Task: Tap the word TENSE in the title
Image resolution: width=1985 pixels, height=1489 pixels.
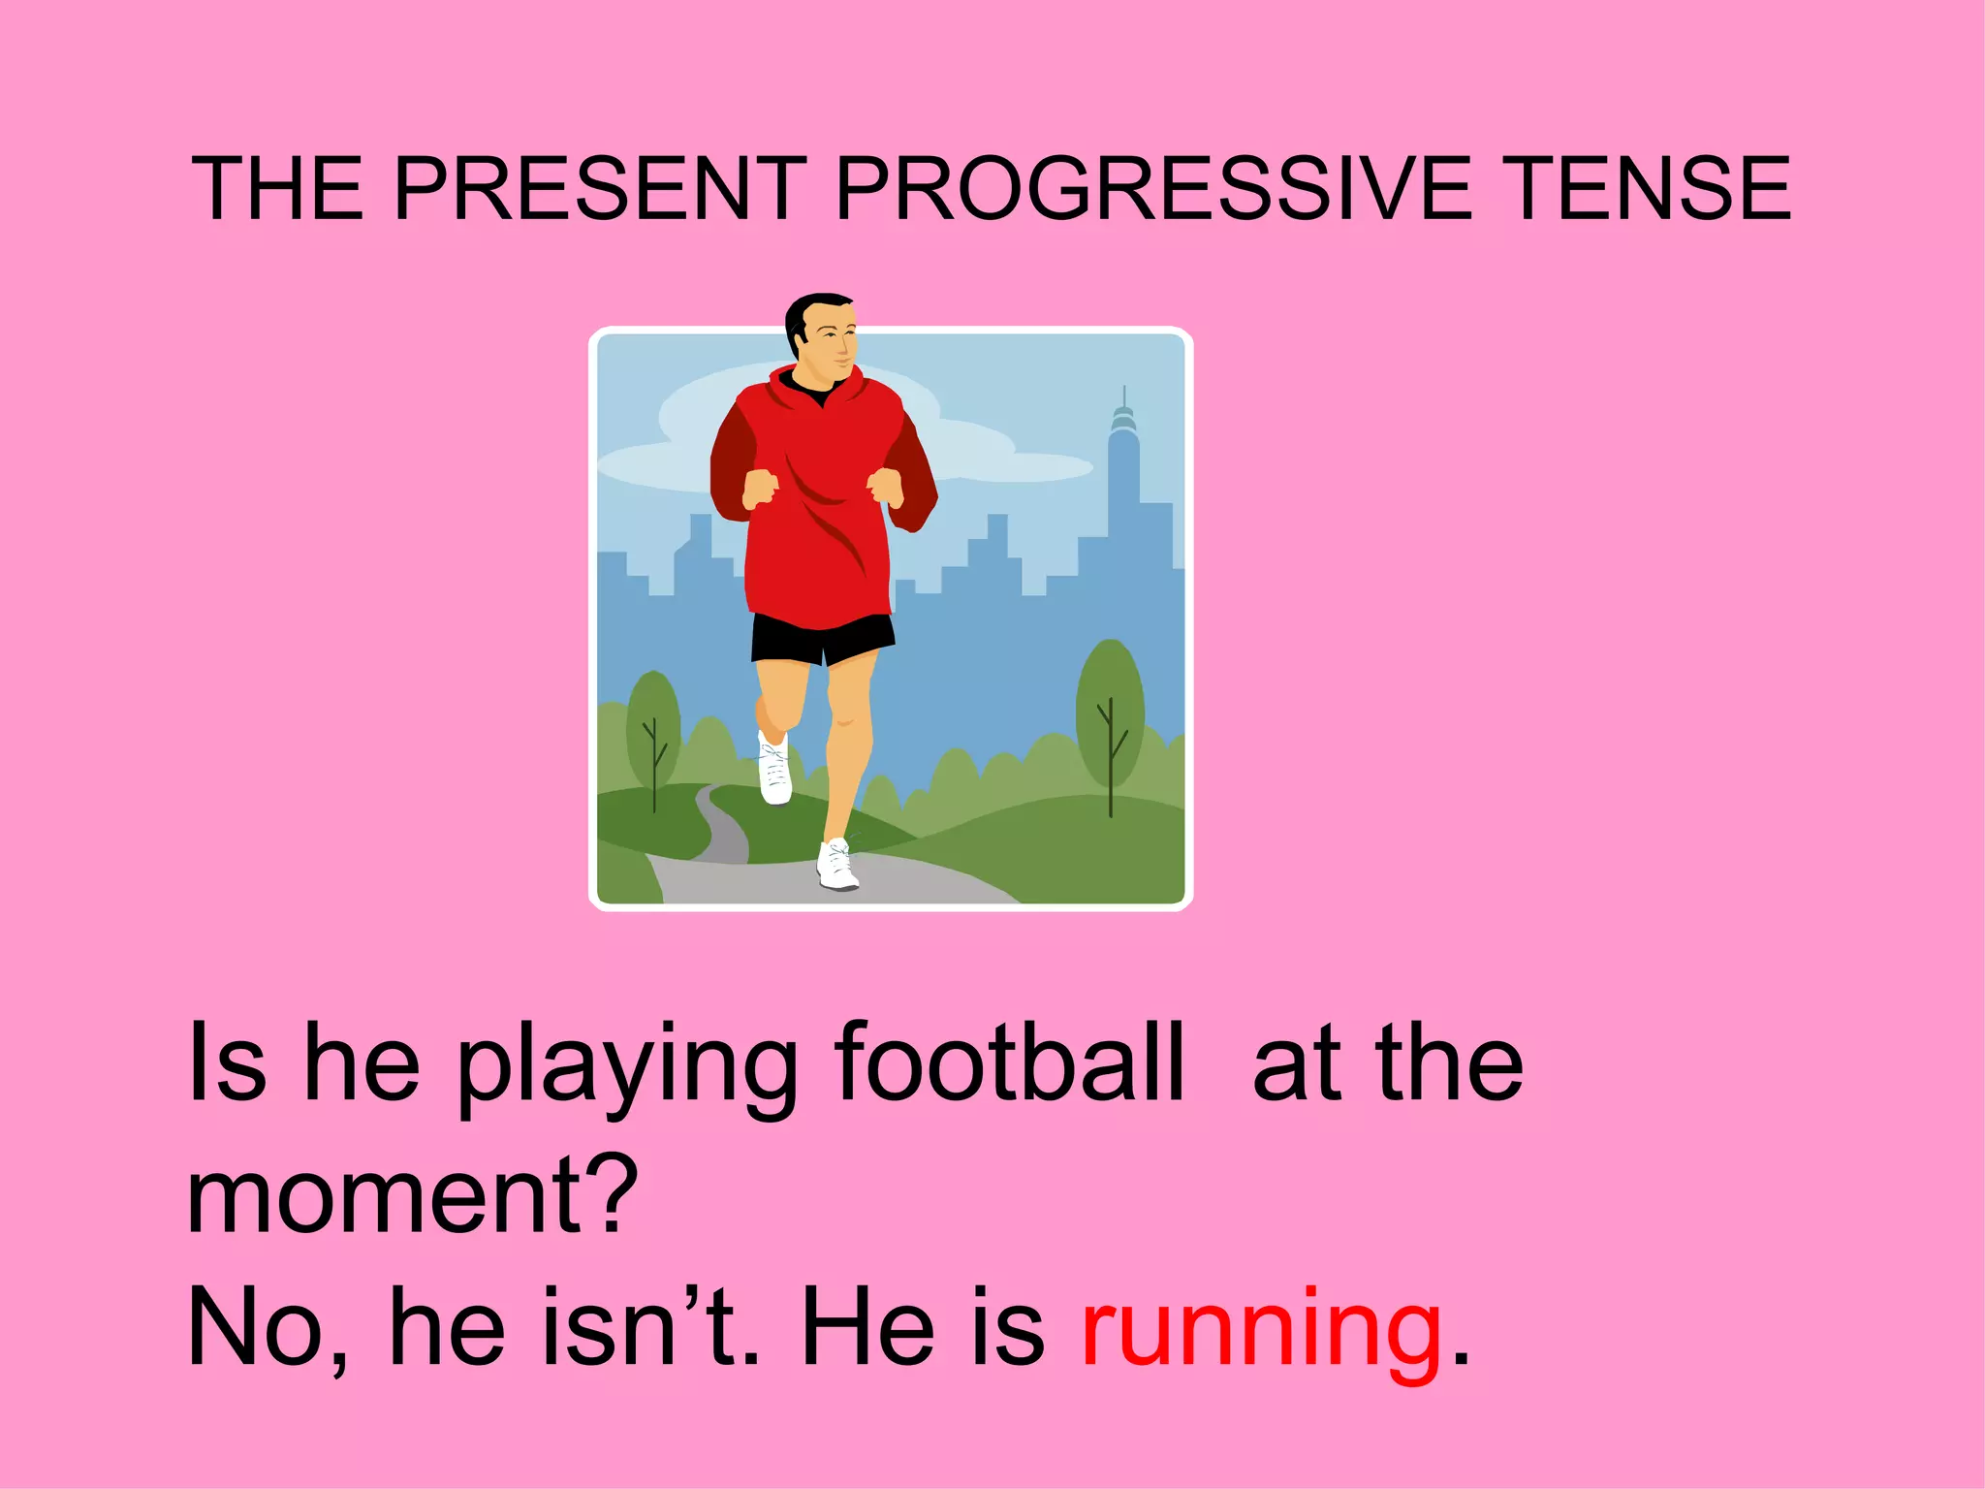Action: point(1649,188)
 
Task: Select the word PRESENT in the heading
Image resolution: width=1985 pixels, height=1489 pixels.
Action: point(600,188)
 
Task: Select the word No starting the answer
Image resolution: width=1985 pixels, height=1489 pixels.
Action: point(258,1328)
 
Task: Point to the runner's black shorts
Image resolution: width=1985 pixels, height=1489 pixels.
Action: point(822,638)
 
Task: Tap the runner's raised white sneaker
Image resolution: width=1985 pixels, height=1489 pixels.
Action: point(774,771)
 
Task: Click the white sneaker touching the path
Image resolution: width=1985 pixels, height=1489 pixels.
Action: point(837,866)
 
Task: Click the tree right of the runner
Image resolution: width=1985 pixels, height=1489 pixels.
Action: point(1110,717)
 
